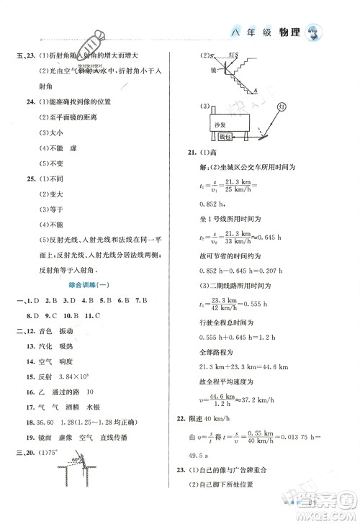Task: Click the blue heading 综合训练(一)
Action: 87,285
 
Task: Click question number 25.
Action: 30,178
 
